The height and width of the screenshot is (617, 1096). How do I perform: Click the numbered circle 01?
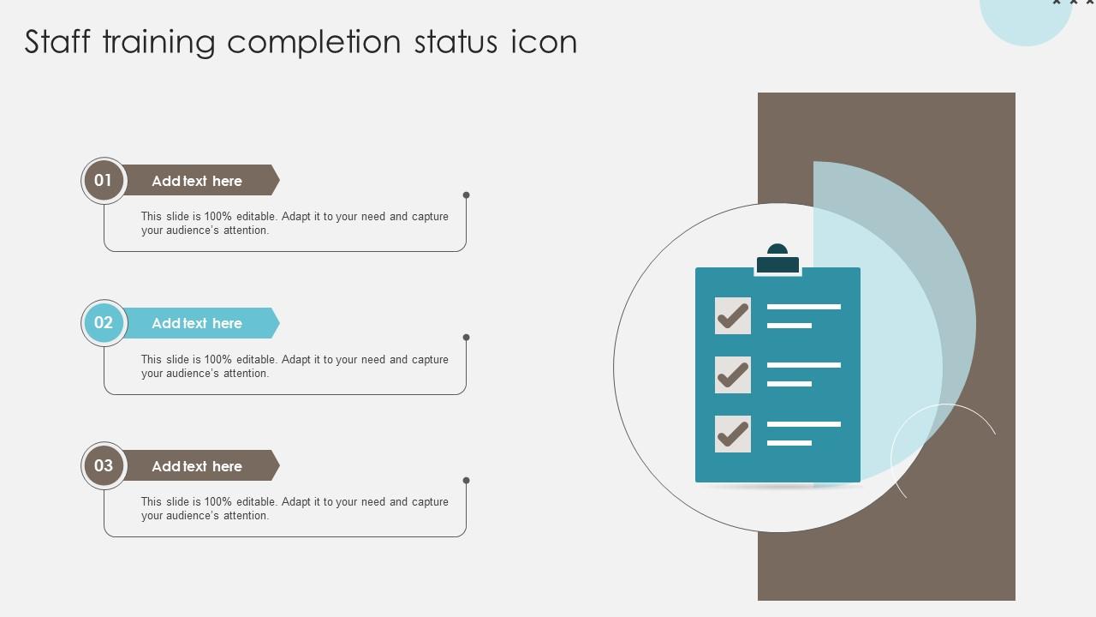pyautogui.click(x=104, y=181)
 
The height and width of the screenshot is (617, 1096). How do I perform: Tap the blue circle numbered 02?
pyautogui.click(x=104, y=323)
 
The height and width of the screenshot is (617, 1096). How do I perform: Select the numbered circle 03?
pyautogui.click(x=104, y=465)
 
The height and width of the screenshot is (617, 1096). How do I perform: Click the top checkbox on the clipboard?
pyautogui.click(x=733, y=316)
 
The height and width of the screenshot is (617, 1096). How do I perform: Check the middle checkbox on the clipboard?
pyautogui.click(x=733, y=375)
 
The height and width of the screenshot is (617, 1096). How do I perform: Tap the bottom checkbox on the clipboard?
pyautogui.click(x=733, y=434)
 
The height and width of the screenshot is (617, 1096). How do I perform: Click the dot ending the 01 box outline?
pyautogui.click(x=467, y=195)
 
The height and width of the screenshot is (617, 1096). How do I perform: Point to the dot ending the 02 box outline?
pyautogui.click(x=467, y=338)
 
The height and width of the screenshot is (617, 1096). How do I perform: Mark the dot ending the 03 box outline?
pyautogui.click(x=467, y=481)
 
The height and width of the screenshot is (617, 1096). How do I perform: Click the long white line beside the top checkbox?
pyautogui.click(x=804, y=307)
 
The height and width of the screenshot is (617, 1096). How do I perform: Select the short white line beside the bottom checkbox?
pyautogui.click(x=789, y=443)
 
